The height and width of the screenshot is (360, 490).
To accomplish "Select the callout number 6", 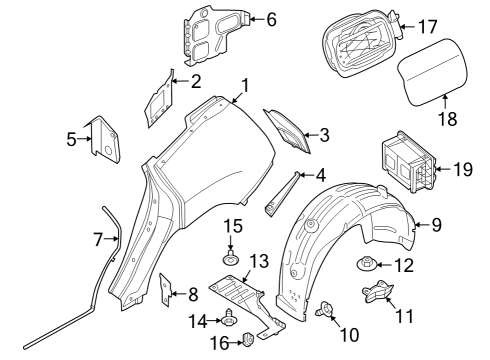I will click(270, 19).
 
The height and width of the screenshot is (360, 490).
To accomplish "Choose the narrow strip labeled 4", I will click(282, 194).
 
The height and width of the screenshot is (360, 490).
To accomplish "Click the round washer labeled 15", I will click(231, 262).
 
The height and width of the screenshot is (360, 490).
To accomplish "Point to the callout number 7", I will click(98, 239).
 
